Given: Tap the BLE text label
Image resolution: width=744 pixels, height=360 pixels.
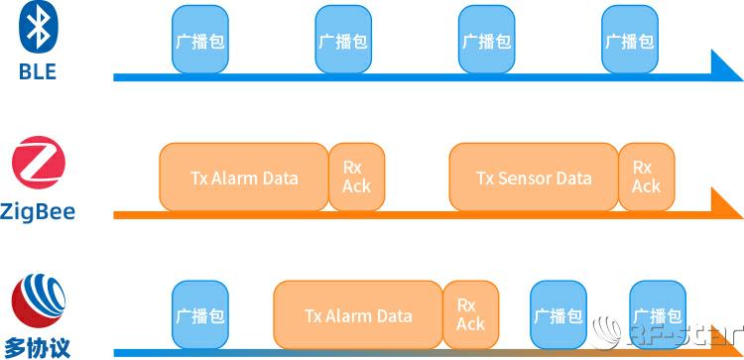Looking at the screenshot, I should tap(38, 72).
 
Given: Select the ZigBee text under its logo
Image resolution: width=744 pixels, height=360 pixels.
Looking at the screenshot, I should tap(38, 211).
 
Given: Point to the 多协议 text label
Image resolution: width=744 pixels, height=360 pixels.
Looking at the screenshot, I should tap(38, 347).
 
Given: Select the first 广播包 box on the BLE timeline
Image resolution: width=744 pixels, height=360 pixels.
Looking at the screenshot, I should tap(199, 42).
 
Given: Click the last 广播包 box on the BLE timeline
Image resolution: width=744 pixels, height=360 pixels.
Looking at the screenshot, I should tap(630, 42).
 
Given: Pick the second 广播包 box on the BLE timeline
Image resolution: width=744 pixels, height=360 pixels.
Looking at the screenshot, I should tap(342, 42).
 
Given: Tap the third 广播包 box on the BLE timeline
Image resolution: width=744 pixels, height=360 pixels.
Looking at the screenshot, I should tap(486, 42).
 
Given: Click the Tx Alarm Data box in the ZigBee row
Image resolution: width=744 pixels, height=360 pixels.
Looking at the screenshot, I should tap(243, 178).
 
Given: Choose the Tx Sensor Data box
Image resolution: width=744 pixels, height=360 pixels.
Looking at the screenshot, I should tap(534, 178).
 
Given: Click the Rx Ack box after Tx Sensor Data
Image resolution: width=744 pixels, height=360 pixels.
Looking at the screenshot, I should tap(646, 178).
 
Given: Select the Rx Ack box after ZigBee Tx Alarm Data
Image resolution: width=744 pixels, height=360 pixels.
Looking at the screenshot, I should tap(356, 178).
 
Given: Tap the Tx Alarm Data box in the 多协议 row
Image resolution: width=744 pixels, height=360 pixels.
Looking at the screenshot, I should tap(357, 315).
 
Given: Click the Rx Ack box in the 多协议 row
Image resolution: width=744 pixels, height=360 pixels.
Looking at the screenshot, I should tap(470, 315).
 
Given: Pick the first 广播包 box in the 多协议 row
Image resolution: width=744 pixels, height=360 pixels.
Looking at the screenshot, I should tap(199, 315).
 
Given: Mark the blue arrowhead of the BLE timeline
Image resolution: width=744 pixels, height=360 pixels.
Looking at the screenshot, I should tap(724, 67).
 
